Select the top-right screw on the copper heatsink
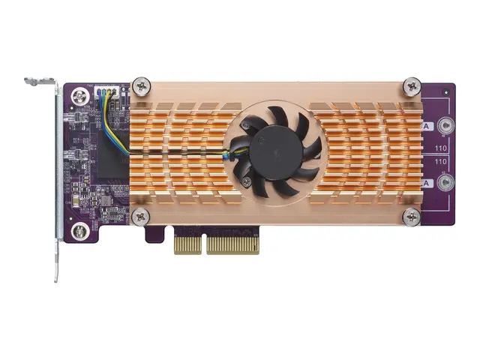pos(412,85)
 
